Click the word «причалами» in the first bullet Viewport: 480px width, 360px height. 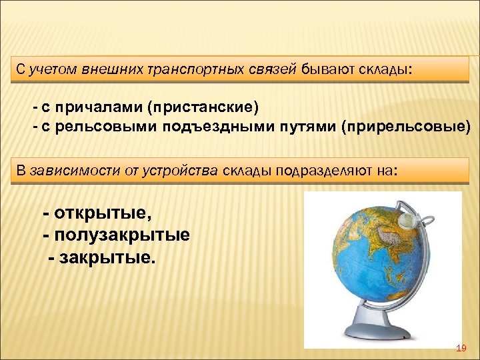108,108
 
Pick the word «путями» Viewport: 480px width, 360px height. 303,127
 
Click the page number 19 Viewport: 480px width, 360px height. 460,349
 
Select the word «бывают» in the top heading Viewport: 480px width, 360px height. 325,70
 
